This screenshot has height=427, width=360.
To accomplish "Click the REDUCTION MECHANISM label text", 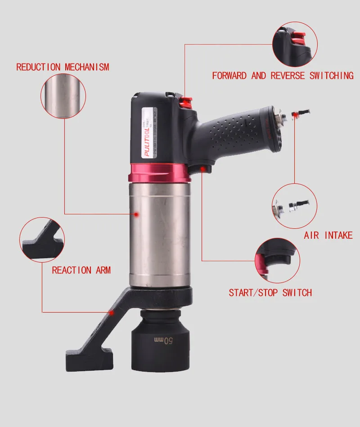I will [63, 67].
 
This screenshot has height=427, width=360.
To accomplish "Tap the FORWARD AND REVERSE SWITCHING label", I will [283, 76].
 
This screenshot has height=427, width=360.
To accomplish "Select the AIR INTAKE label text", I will [328, 235].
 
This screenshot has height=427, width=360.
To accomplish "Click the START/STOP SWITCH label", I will [270, 293].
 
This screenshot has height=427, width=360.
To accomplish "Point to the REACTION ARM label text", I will [81, 270].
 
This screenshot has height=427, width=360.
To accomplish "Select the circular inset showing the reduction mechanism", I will [63, 96].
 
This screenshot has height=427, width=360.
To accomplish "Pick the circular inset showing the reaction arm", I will [42, 239].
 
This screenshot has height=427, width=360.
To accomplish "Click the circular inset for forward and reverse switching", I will [295, 44].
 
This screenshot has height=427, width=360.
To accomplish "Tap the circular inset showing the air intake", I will [294, 205].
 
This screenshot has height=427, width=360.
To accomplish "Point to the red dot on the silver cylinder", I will [136, 215].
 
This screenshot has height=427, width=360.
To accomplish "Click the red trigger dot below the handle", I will [204, 169].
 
